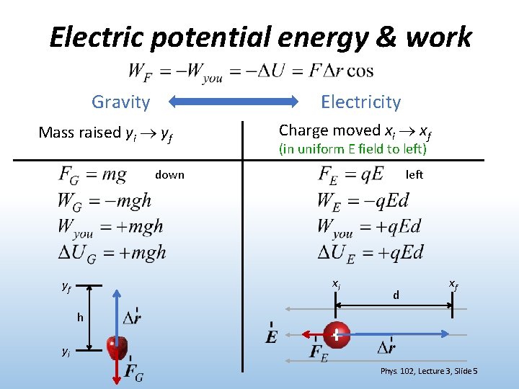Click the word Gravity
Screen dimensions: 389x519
[x=120, y=102]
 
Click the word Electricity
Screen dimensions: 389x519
[x=360, y=102]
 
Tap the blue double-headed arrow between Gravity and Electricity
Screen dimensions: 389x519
[x=238, y=102]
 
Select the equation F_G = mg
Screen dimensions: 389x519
[x=93, y=175]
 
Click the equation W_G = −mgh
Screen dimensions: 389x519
[x=105, y=200]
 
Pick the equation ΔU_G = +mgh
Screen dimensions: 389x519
[x=112, y=251]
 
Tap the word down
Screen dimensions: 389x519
[x=169, y=175]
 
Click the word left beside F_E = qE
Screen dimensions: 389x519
[x=414, y=175]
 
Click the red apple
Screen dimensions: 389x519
[x=117, y=347]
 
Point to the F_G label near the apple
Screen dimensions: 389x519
[x=133, y=372]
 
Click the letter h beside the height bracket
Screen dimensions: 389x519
[x=80, y=318]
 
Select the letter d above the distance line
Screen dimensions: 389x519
[x=396, y=295]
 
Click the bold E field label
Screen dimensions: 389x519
[x=271, y=336]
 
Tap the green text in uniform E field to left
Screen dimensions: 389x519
[x=352, y=149]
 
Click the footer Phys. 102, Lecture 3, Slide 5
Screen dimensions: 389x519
[x=429, y=371]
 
